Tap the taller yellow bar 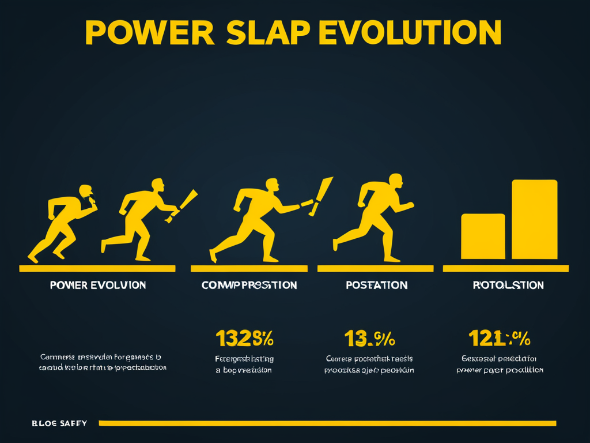[x=534, y=219]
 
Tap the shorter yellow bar [x=483, y=236]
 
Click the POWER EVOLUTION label [x=97, y=285]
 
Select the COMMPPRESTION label [x=249, y=285]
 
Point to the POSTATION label [x=376, y=285]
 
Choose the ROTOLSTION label [x=508, y=285]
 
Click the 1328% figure [x=244, y=338]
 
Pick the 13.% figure [x=369, y=338]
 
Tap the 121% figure [x=499, y=338]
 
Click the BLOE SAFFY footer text [x=59, y=423]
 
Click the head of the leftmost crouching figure [x=85, y=191]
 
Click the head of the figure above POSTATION [x=395, y=180]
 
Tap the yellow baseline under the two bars [x=505, y=268]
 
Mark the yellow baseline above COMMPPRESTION [x=249, y=268]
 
